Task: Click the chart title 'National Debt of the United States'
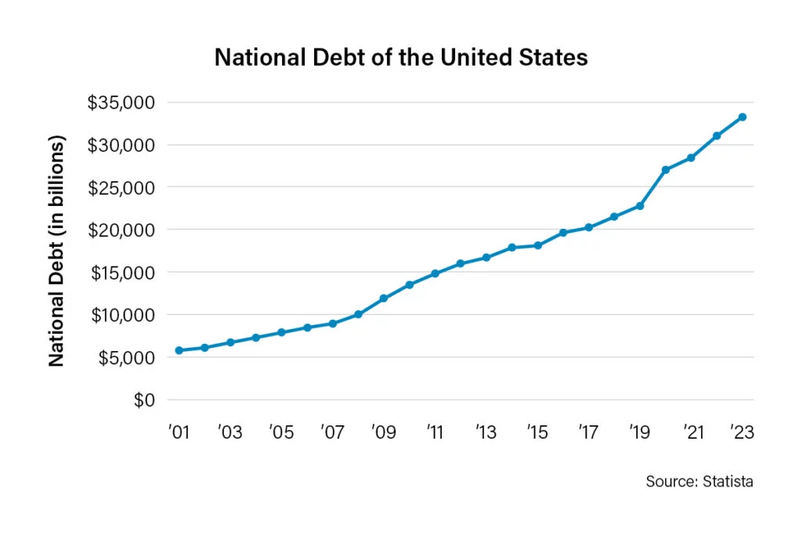[x=401, y=57]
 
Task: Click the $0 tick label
[x=144, y=400]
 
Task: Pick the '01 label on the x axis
[x=179, y=432]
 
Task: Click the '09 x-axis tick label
[x=384, y=432]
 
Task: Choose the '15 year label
[x=537, y=432]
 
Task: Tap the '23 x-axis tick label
[x=742, y=432]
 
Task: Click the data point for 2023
[x=742, y=117]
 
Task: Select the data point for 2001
[x=179, y=350]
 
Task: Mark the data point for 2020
[x=666, y=170]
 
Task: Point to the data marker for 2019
[x=640, y=206]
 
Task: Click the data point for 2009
[x=384, y=298]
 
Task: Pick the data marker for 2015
[x=537, y=245]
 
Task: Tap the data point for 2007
[x=332, y=324]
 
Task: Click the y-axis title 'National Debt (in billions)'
[x=56, y=251]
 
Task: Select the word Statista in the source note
[x=728, y=482]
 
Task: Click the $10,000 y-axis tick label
[x=123, y=316]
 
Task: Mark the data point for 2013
[x=486, y=258]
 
